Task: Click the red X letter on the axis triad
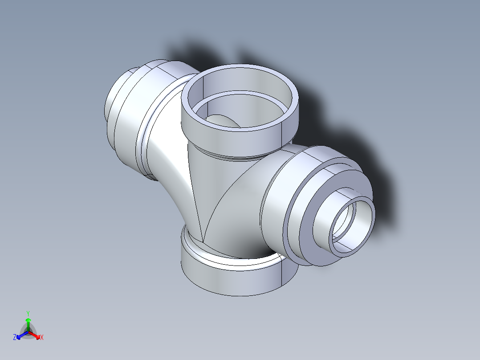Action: click(x=42, y=338)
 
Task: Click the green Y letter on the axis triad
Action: click(x=28, y=313)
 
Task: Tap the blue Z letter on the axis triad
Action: click(x=15, y=338)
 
